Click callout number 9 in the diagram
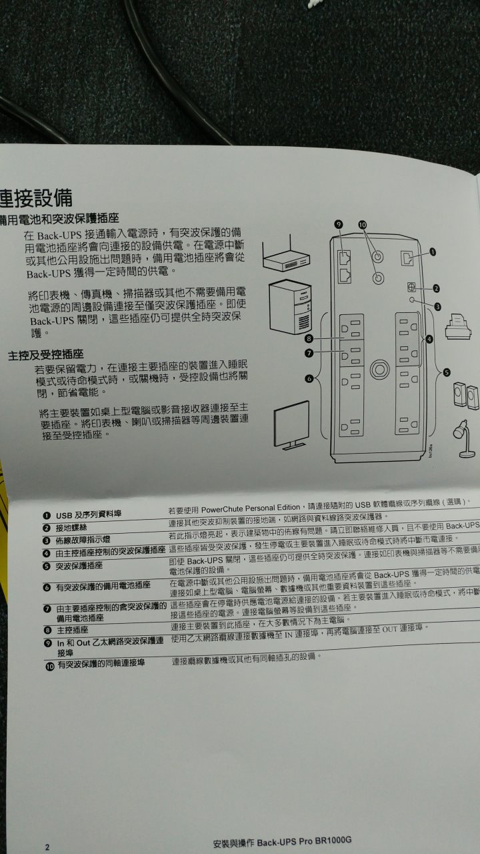pyautogui.click(x=338, y=224)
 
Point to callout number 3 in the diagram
pyautogui.click(x=437, y=306)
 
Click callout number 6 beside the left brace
pyautogui.click(x=309, y=378)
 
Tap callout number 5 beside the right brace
pyautogui.click(x=447, y=372)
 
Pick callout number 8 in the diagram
pyautogui.click(x=309, y=340)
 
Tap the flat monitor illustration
pyautogui.click(x=291, y=425)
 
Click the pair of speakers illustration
pyautogui.click(x=466, y=396)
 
